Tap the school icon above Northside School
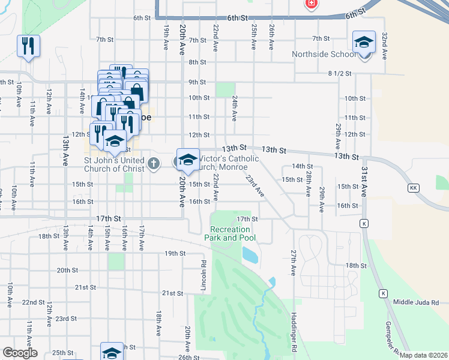click(x=364, y=43)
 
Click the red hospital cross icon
click(x=311, y=4)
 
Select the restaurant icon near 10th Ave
click(x=28, y=46)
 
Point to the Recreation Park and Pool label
click(x=233, y=233)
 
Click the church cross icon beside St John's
click(x=154, y=163)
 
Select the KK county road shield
click(x=413, y=188)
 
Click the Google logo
click(x=20, y=353)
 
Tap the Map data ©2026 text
click(x=424, y=355)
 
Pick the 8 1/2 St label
click(x=339, y=73)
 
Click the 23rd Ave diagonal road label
click(x=255, y=185)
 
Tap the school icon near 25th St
click(x=112, y=352)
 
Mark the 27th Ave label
click(x=293, y=262)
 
